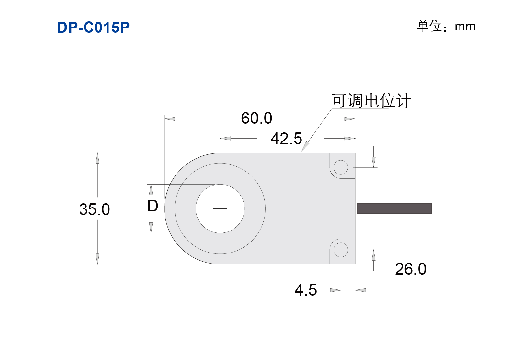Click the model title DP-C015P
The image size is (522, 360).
tap(93, 27)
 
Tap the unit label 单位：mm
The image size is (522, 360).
tap(446, 26)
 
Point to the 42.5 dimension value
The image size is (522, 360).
tap(286, 139)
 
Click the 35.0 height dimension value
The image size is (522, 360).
tap(95, 209)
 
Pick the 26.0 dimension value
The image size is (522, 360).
tap(411, 269)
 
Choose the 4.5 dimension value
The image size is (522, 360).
tap(306, 290)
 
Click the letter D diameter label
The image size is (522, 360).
tap(153, 206)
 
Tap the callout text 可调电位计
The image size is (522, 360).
tap(371, 101)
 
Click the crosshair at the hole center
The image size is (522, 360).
tap(220, 208)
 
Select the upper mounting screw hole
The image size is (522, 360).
tap(341, 167)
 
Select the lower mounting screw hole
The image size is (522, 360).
tap(341, 250)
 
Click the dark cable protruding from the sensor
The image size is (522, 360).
tap(394, 208)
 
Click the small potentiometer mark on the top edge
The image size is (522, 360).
tap(297, 154)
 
